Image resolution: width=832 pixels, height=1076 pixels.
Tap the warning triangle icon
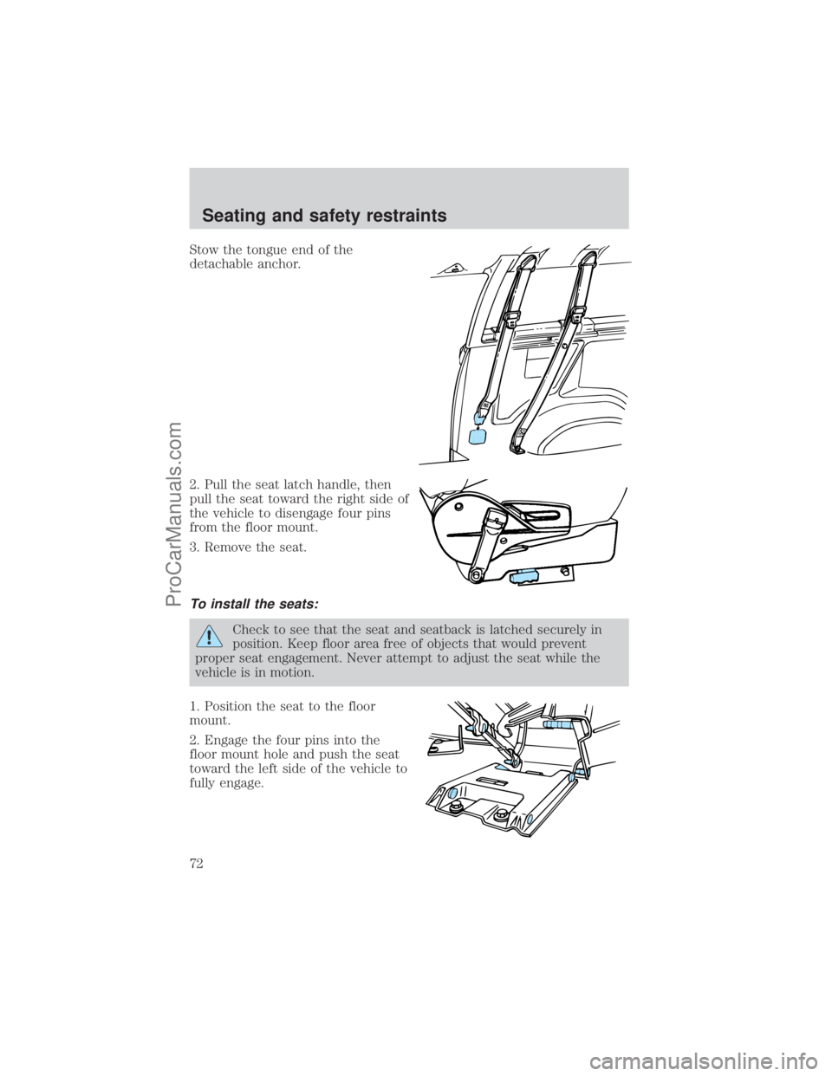pyautogui.click(x=210, y=636)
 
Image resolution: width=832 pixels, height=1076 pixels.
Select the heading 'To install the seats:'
pyautogui.click(x=254, y=604)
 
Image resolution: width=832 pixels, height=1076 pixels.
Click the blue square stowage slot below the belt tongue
pyautogui.click(x=477, y=437)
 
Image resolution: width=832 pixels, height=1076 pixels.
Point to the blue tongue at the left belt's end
pyautogui.click(x=479, y=418)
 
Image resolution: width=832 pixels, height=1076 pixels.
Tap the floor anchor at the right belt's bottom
pyautogui.click(x=519, y=449)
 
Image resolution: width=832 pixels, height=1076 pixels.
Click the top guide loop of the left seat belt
pyautogui.click(x=525, y=259)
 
